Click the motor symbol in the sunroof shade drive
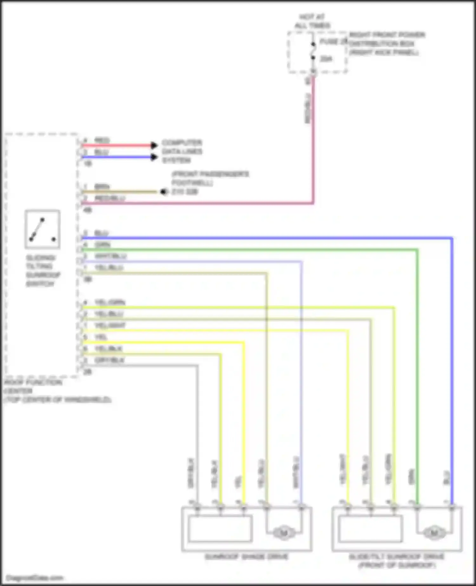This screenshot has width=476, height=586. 284,532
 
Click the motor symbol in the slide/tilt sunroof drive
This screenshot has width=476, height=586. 434,532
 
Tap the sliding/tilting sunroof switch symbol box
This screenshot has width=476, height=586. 43,229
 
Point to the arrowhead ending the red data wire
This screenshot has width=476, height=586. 154,145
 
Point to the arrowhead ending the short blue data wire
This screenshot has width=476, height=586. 154,157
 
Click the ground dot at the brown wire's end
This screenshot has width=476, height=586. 164,192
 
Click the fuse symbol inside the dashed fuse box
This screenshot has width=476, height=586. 313,51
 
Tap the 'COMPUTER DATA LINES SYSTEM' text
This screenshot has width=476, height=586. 182,151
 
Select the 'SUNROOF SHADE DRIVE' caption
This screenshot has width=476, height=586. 247,557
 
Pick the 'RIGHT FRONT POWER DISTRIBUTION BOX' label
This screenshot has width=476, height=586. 387,39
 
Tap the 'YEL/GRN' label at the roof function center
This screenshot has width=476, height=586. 110,302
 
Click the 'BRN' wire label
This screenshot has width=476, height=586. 102,187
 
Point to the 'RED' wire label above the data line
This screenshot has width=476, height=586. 102,140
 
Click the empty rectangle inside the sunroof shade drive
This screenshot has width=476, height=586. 220,529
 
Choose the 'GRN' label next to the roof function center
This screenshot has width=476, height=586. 102,244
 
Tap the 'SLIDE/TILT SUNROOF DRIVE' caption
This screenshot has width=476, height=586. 397,557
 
